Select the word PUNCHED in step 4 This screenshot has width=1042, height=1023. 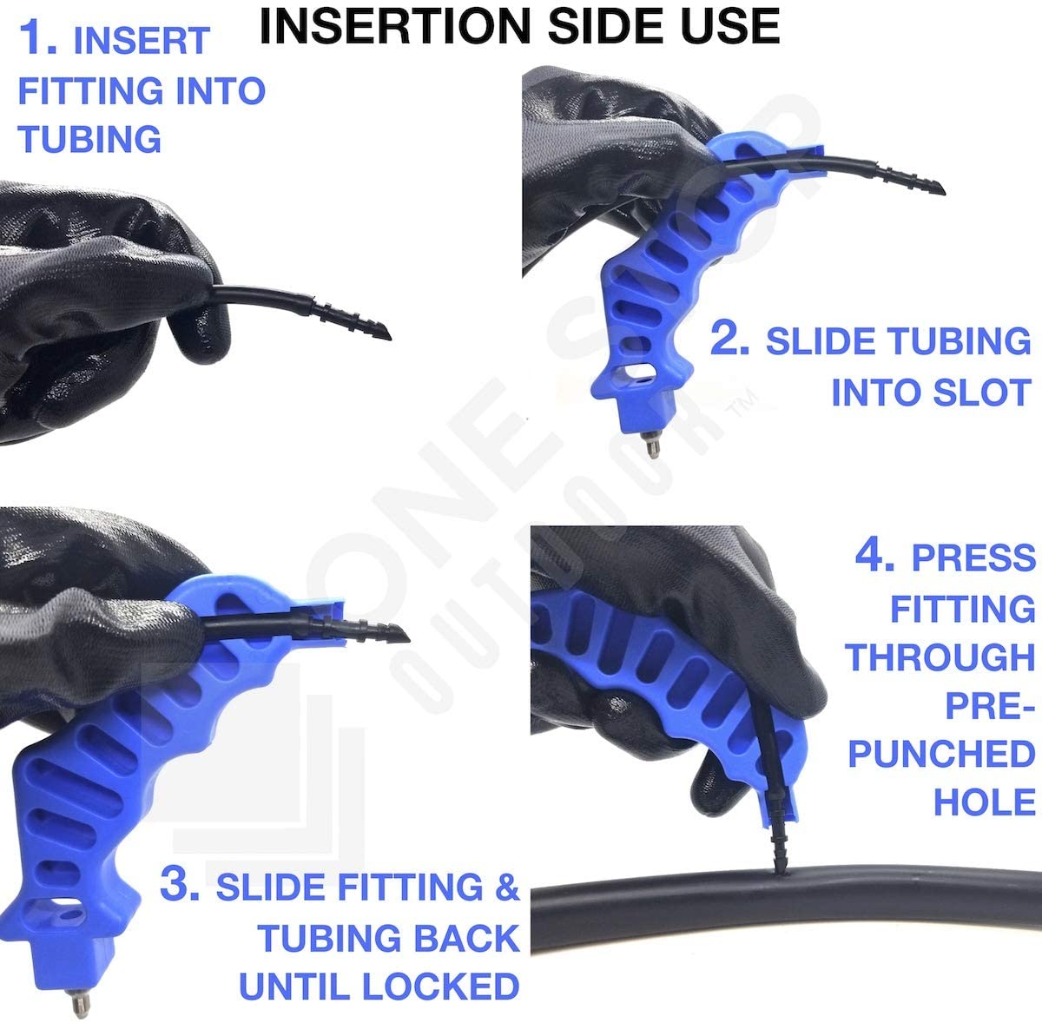[941, 754]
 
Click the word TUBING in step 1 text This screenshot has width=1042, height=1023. [89, 139]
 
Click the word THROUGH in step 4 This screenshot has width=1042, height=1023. [940, 657]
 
